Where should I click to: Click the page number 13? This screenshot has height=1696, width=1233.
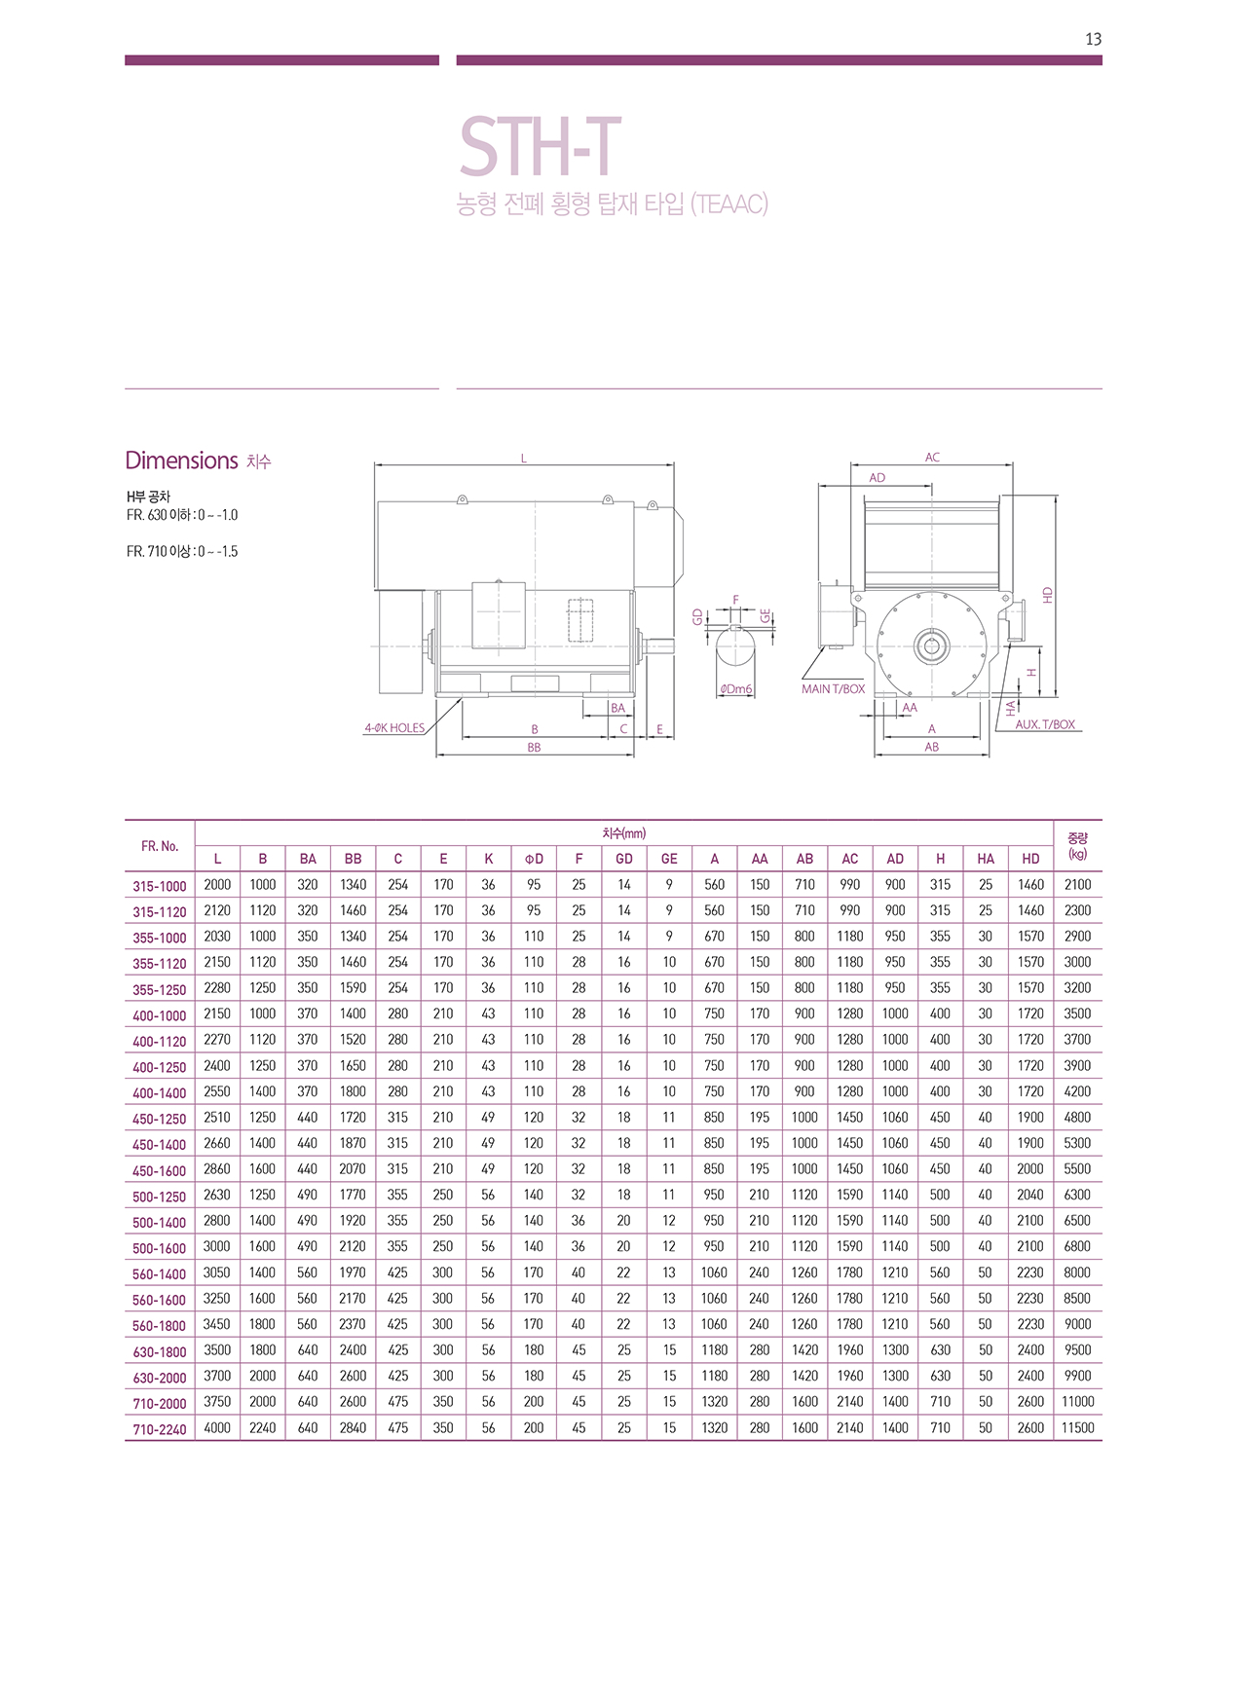click(x=1093, y=39)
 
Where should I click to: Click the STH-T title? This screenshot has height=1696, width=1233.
click(x=541, y=147)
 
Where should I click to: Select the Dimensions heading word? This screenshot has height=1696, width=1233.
click(x=181, y=461)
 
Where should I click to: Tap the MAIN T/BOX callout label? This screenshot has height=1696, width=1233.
click(x=833, y=688)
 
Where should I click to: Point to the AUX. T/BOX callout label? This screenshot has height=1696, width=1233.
click(x=1045, y=724)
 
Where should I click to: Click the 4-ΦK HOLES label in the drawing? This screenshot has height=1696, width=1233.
click(x=394, y=727)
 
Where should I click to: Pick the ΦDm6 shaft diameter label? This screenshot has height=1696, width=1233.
click(x=736, y=689)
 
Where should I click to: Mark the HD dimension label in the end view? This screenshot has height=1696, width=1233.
click(x=1048, y=594)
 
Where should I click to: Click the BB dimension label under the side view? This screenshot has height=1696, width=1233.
click(x=534, y=748)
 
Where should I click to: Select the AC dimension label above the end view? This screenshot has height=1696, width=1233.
click(x=932, y=457)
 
